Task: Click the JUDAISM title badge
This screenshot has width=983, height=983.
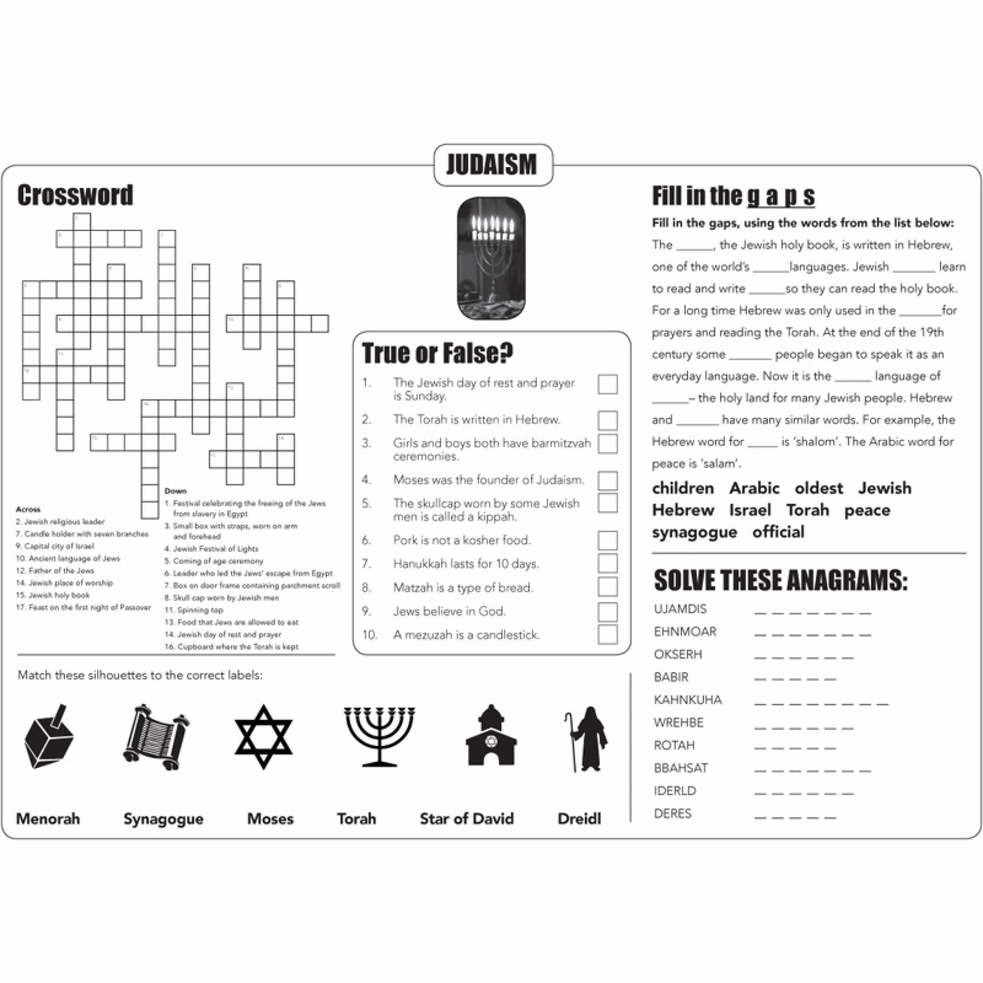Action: point(492,164)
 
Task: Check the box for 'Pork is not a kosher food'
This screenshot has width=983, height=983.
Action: point(608,540)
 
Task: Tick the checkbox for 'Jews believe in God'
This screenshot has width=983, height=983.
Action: point(608,611)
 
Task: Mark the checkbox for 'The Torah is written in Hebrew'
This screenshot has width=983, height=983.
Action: point(608,420)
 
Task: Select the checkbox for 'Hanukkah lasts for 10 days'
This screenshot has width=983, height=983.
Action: point(608,563)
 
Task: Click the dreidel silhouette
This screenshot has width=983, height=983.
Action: point(49,736)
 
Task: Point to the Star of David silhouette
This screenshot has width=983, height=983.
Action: point(263,736)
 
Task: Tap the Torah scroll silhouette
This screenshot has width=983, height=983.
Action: point(156,736)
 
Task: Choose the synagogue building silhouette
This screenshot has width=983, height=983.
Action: point(491,736)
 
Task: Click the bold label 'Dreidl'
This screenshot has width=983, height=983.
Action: point(579,819)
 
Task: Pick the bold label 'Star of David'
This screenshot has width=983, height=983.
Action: point(467,819)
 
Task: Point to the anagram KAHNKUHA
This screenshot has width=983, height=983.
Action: point(687,700)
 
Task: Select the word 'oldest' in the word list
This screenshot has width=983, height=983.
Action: point(819,488)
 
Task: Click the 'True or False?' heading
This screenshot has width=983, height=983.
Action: point(438,353)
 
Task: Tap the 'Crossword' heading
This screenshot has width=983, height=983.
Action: point(75,195)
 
